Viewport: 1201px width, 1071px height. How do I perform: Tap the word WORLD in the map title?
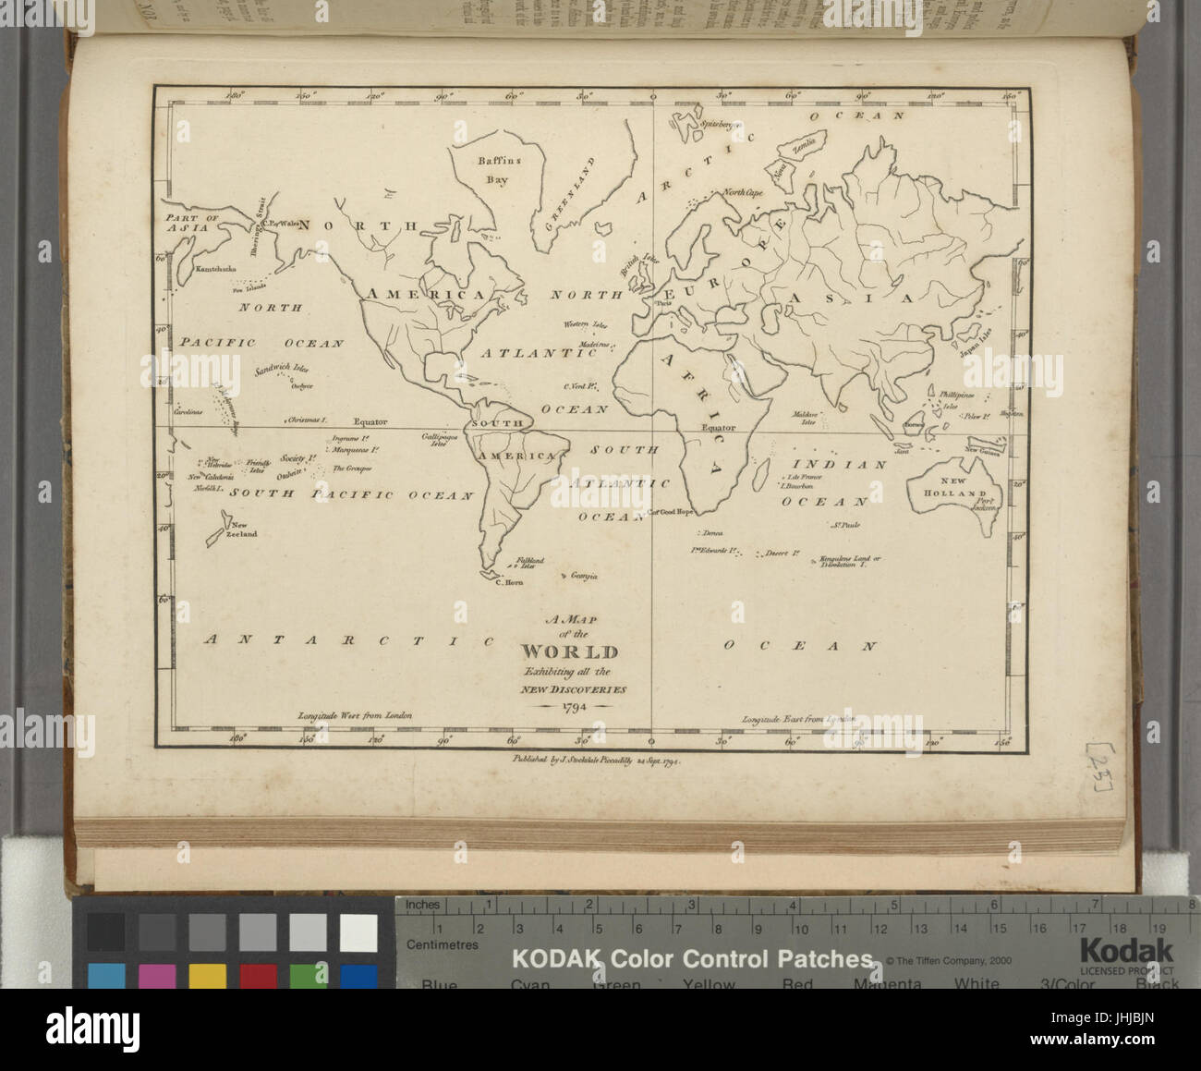(570, 652)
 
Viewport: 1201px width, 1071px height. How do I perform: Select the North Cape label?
(743, 193)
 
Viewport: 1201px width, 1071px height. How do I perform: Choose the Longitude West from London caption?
(353, 715)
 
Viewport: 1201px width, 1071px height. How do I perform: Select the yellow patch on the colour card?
(208, 978)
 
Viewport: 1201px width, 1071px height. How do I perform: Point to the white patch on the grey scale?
(358, 931)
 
